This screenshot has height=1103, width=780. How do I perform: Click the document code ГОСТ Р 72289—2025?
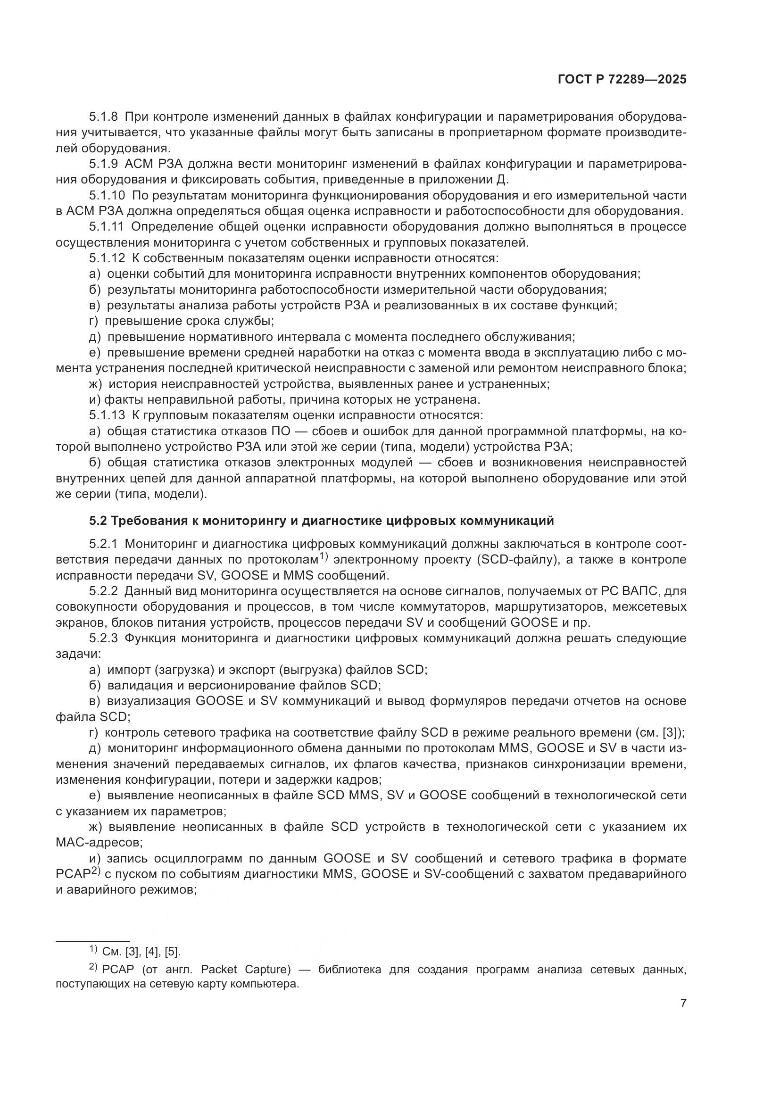coord(622,80)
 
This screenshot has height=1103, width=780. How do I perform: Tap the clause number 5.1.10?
coord(107,196)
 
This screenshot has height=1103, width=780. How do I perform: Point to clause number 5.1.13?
coord(107,415)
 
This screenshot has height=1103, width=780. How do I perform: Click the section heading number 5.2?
coord(99,521)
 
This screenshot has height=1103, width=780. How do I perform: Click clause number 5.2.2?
coord(104,591)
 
